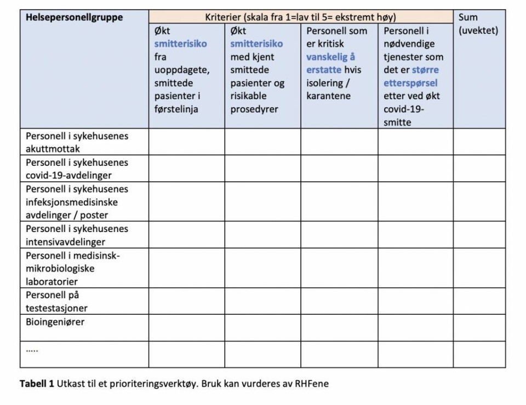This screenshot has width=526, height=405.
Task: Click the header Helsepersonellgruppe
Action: [x=75, y=18]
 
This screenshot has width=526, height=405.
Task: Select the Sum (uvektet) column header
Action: [x=478, y=24]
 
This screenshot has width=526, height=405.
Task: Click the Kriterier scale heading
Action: [x=300, y=18]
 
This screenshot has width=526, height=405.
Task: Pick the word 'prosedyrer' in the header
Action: [x=254, y=109]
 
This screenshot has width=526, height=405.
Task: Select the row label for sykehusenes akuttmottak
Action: [x=77, y=142]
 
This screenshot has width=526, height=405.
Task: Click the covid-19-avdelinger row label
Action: [x=77, y=169]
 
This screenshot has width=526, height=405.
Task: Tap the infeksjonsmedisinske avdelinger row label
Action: [x=77, y=202]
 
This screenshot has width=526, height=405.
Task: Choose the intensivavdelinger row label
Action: [x=77, y=235]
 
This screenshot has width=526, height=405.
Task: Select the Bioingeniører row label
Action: [x=55, y=322]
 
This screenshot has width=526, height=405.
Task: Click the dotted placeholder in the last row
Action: [x=32, y=349]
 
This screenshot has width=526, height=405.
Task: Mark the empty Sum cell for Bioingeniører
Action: [x=479, y=328]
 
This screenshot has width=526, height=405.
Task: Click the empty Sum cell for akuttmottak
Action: [x=479, y=142]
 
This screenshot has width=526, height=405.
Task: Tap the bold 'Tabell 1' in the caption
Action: [x=37, y=384]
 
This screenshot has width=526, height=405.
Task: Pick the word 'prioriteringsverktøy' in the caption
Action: [x=152, y=384]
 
